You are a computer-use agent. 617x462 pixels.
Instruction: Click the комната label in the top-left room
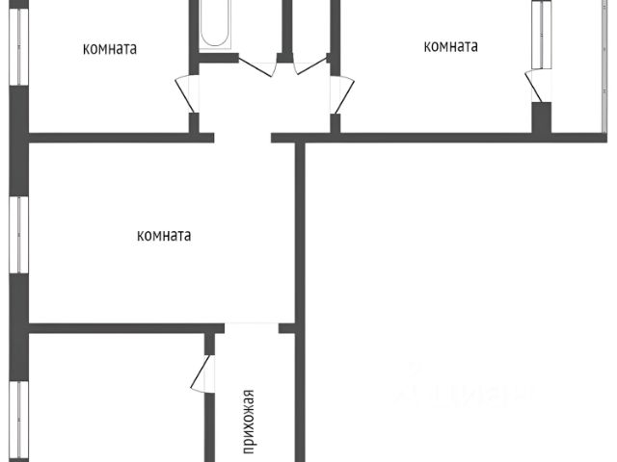point(110,47)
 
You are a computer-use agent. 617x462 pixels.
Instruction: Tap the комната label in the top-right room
point(451,45)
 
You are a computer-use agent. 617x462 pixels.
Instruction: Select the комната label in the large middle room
point(164,235)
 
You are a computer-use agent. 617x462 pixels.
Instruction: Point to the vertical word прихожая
point(248,420)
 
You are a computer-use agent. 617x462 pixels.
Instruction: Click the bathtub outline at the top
point(214,23)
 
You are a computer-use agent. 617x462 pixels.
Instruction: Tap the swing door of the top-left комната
point(184,94)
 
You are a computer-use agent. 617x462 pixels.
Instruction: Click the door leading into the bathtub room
point(256,66)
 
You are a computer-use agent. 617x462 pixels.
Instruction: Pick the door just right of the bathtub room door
point(310,65)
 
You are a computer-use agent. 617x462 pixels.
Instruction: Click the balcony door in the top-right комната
point(532,85)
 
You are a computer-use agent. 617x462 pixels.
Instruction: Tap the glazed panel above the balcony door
point(541,34)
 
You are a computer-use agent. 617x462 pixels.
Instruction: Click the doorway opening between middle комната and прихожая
point(251,327)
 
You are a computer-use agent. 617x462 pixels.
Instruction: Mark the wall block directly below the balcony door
point(542,117)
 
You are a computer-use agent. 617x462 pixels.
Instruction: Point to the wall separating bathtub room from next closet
point(286,29)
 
